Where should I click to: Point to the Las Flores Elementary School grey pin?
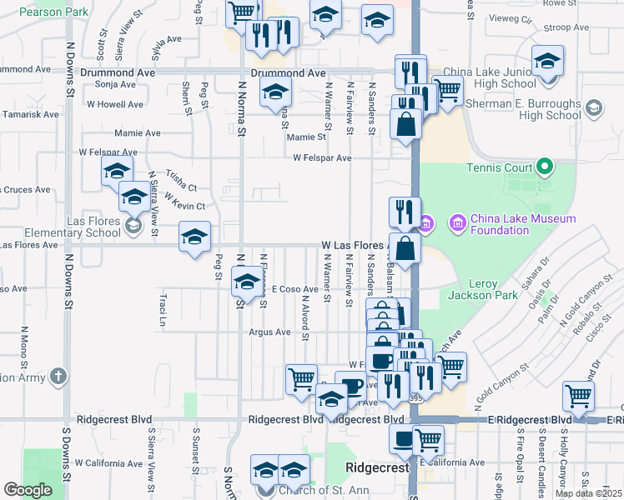pos(133,225)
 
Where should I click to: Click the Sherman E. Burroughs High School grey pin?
pos(593,107)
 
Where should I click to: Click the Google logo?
pos(28,490)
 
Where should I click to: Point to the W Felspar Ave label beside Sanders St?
pos(322,157)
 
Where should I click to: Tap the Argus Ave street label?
pos(269,332)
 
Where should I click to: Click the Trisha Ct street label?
pos(180,180)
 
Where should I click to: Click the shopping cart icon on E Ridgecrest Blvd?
pos(578,396)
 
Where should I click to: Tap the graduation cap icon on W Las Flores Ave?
pos(194,236)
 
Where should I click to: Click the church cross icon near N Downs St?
pos(58,377)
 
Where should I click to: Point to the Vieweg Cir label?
pos(513,17)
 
